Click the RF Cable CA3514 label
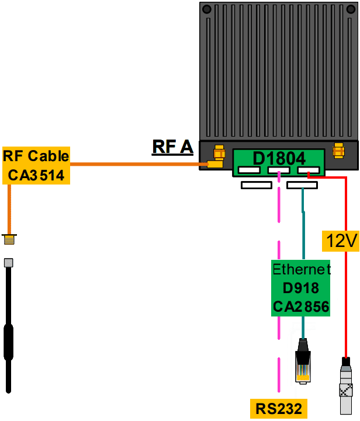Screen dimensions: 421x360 [x=36, y=165]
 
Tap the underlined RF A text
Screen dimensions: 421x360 [x=172, y=147]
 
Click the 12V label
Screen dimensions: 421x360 [x=340, y=240]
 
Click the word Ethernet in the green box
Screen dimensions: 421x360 [x=301, y=269]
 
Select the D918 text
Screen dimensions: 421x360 [x=301, y=288]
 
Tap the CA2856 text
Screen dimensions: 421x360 [x=301, y=307]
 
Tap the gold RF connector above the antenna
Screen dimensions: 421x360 [x=9, y=239]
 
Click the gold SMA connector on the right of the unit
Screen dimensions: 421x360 [x=337, y=151]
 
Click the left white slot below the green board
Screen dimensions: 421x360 [x=257, y=185]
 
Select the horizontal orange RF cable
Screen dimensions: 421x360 [x=134, y=164]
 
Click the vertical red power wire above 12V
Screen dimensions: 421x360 [x=347, y=204]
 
